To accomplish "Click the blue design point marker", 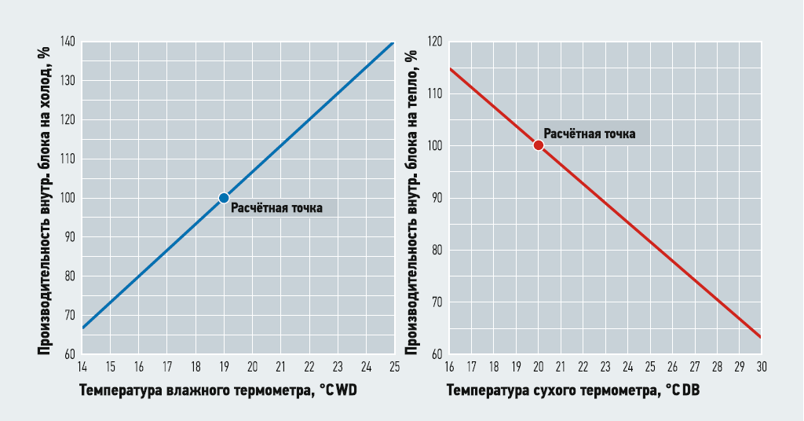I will click(x=224, y=198).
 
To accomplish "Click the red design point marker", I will click(x=538, y=145).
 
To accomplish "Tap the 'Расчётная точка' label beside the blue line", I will click(x=276, y=208).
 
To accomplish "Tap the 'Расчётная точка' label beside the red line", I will click(x=590, y=134).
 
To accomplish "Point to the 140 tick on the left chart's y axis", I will click(x=68, y=42).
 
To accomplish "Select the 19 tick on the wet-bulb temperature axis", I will click(x=224, y=367).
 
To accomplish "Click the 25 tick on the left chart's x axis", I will click(x=393, y=367).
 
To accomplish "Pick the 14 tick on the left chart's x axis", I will click(x=82, y=367).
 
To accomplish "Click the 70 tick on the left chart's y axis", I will click(x=70, y=315).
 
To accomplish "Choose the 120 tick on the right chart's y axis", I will click(x=434, y=42).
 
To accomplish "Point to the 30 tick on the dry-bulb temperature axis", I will click(x=761, y=367).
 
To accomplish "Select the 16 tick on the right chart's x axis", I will click(x=449, y=367).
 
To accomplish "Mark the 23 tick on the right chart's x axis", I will click(x=605, y=367).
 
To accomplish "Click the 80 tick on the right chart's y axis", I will click(x=437, y=251).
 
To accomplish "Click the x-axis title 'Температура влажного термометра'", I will click(x=198, y=390).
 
